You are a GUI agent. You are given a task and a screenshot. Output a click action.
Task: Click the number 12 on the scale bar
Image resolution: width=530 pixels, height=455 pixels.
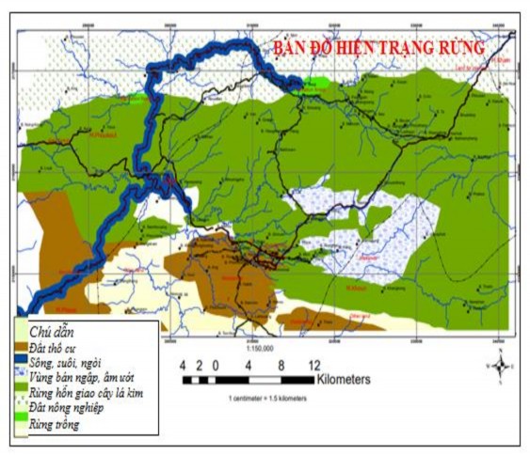click(313, 365)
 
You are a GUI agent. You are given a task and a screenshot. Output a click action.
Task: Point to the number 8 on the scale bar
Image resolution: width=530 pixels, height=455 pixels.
click(281, 365)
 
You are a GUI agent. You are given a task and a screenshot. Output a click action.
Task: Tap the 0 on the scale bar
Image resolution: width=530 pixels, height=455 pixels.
click(216, 365)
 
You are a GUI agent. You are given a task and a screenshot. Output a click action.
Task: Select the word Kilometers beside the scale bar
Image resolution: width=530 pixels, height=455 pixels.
click(343, 380)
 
